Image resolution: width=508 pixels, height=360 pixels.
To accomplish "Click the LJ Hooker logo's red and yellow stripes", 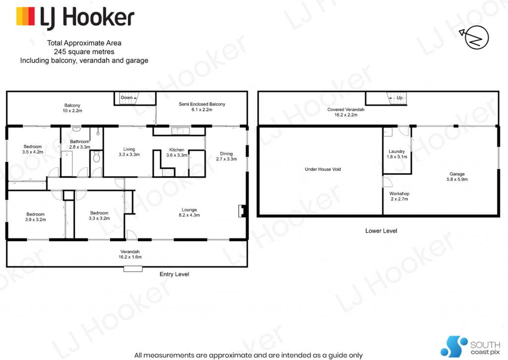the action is point(25,16).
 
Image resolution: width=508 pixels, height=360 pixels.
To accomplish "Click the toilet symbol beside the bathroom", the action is point(96,158).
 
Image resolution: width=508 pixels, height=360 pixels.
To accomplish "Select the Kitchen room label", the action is point(177,152).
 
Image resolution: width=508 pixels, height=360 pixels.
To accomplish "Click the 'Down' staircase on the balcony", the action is point(135,98).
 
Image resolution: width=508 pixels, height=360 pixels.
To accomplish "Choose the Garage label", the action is point(457,176).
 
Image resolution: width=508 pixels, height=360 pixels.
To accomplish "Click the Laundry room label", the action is point(397,154).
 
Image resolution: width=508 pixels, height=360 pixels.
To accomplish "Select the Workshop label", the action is point(399,196).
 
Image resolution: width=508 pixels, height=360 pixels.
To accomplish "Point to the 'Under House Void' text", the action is point(322,169).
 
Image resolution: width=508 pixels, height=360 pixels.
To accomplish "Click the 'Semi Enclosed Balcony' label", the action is point(202,107).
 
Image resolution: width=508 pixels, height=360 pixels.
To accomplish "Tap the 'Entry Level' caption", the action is point(174,274).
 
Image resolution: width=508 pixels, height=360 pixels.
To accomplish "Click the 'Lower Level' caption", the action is point(381,230).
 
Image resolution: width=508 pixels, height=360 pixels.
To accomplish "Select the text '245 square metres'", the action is point(84,52).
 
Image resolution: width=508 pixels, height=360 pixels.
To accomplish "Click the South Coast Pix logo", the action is point(470,347).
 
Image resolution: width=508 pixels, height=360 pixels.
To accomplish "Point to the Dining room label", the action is point(226,156).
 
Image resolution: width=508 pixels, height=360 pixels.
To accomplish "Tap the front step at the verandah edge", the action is point(133,269).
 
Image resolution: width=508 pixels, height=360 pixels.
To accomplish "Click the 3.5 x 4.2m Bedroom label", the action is point(33,149).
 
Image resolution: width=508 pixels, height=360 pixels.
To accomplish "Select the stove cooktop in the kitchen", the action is point(169,172).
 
